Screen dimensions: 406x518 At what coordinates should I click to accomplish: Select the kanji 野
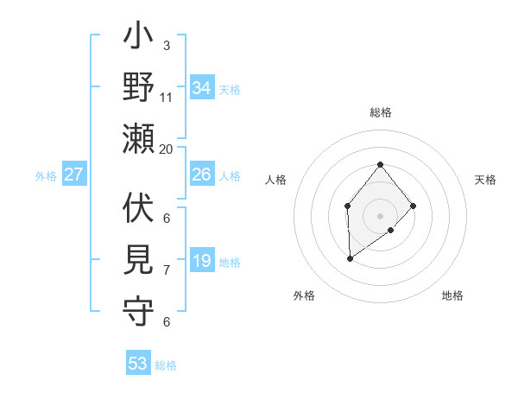click(x=139, y=88)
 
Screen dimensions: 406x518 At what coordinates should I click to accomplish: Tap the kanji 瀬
click(x=139, y=138)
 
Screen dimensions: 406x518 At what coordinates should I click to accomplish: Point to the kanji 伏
click(x=139, y=210)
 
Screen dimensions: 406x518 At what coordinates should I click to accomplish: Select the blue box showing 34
click(x=202, y=88)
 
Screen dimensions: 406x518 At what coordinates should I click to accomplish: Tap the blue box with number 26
click(x=202, y=175)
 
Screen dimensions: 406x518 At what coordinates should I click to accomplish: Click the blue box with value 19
click(x=202, y=262)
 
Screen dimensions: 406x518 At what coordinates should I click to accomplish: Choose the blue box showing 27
click(x=74, y=175)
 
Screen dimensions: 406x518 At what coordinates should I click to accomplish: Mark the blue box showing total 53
click(x=138, y=364)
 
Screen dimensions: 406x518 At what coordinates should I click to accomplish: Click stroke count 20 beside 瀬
click(x=167, y=149)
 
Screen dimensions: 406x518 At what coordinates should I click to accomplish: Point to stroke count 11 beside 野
click(x=167, y=97)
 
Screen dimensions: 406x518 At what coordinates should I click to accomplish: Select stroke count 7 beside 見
click(x=167, y=270)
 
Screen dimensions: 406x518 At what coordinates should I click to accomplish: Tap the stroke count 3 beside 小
click(x=167, y=45)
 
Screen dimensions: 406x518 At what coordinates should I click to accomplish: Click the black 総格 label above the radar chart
click(x=380, y=112)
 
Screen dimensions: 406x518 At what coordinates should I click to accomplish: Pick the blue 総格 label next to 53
click(x=166, y=365)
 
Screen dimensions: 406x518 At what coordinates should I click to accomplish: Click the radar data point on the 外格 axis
click(x=350, y=258)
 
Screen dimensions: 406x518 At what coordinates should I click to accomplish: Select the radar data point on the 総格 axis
click(x=380, y=164)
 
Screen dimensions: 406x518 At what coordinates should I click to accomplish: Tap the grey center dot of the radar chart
click(x=380, y=215)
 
